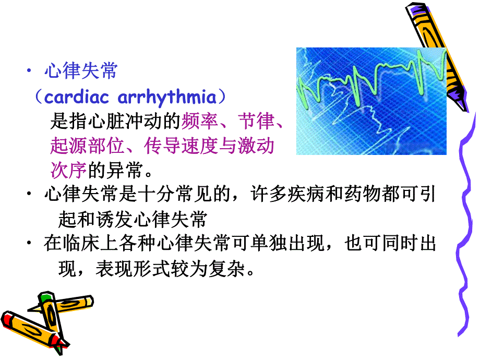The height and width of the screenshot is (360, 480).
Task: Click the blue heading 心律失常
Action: (81, 71)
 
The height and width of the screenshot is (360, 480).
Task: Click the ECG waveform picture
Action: (371, 101)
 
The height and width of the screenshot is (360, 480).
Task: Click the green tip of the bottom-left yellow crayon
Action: (45, 298)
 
